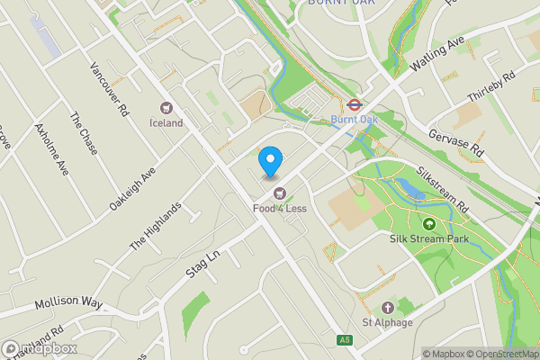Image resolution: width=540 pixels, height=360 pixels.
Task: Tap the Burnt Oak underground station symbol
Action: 354,103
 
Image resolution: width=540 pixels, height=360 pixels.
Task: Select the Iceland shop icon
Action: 166,107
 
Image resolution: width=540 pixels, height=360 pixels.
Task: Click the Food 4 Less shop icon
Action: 280,192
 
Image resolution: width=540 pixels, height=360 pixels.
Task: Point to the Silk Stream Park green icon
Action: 429,224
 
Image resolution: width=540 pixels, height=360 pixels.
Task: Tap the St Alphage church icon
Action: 388,308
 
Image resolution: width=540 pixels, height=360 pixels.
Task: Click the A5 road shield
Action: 345,339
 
